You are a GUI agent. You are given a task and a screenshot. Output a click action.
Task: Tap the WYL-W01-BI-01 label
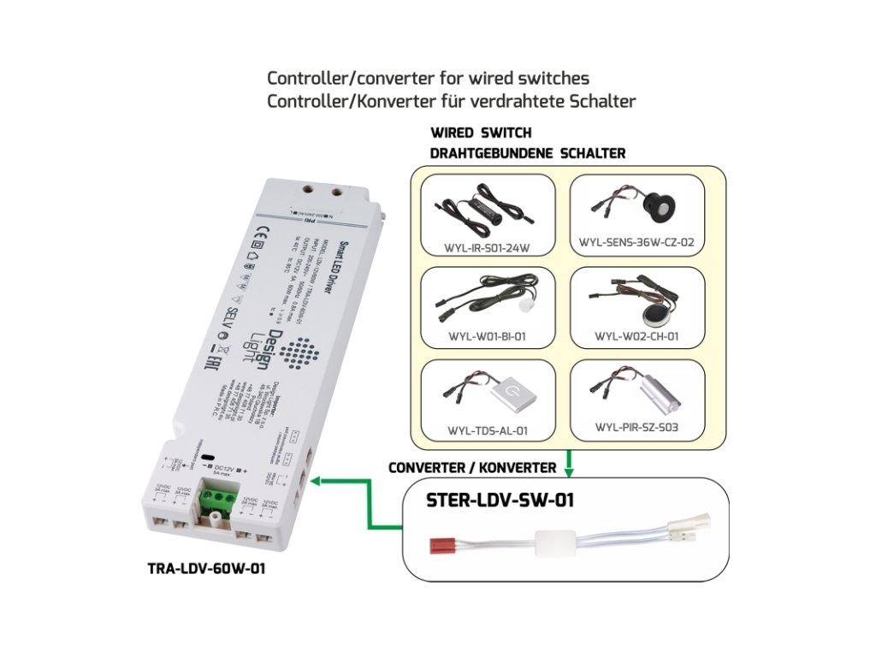(486, 336)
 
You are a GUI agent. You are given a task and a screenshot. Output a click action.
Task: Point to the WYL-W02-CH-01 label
(636, 336)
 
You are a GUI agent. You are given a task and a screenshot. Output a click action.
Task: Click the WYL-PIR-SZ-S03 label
(636, 426)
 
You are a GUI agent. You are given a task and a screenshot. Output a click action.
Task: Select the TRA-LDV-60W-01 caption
(206, 567)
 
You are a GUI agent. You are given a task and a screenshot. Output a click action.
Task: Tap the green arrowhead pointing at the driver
(315, 482)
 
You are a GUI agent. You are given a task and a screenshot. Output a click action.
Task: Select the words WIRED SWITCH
(481, 133)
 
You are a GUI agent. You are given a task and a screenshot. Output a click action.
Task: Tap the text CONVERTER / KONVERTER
(471, 468)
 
